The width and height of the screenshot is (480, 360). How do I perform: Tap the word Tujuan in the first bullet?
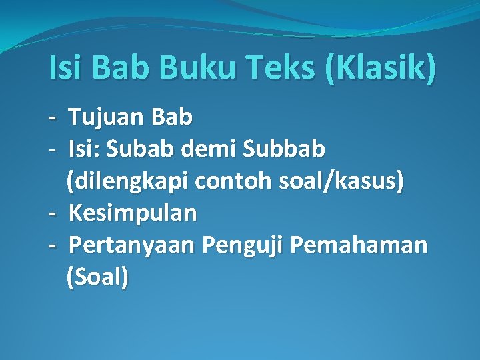pos(107,117)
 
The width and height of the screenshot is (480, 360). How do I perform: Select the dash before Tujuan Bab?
pos(52,119)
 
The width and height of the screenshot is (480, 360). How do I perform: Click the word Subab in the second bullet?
pos(141,149)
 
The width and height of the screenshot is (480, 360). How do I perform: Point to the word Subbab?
pos(285,149)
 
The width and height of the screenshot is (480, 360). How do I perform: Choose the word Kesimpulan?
pos(133,213)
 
